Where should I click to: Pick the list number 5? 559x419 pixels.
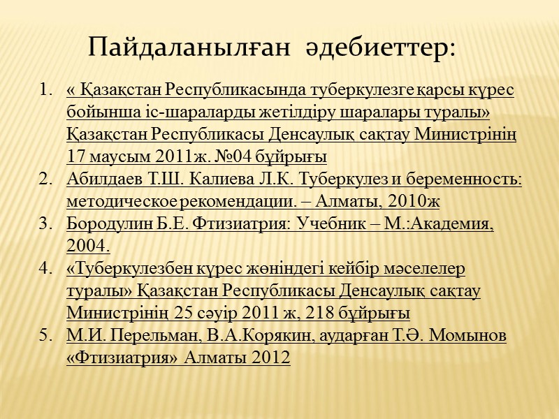point(45,335)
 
